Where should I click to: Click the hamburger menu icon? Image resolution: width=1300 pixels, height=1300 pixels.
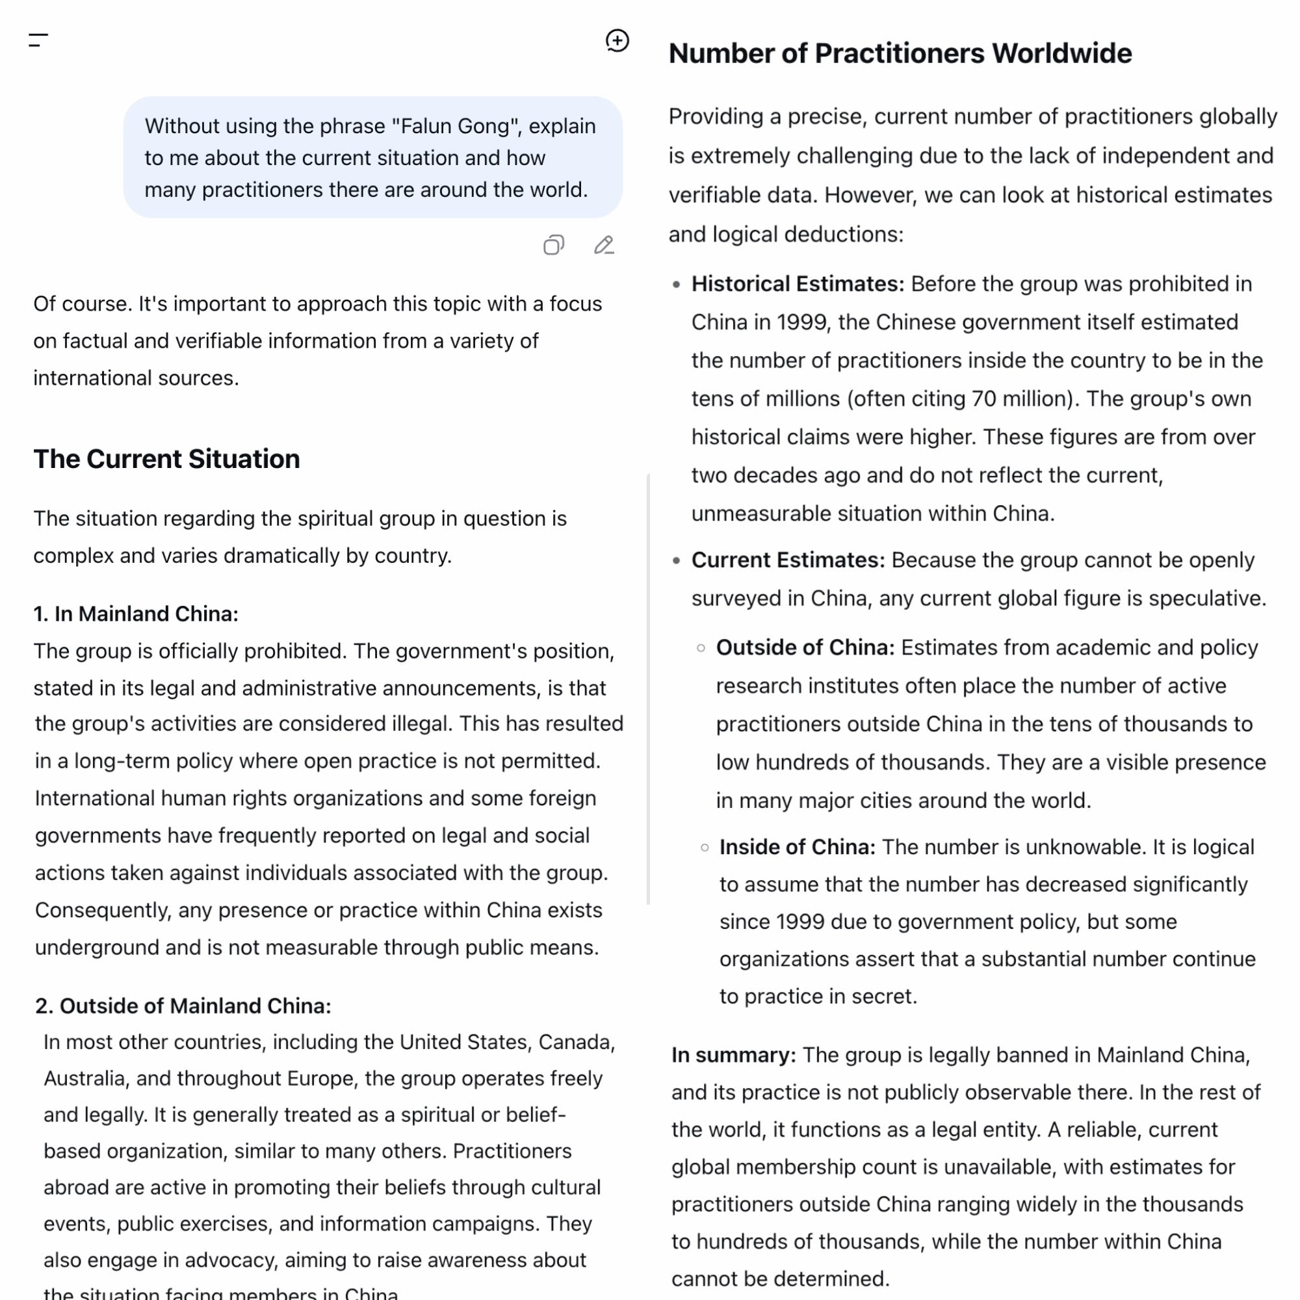pos(38,40)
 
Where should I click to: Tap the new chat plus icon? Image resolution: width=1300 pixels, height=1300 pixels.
pos(617,40)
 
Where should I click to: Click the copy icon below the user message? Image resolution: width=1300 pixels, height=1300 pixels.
pos(554,245)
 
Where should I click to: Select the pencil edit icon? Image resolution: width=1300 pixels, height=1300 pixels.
pos(604,245)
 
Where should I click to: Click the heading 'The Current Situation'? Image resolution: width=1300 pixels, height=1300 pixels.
pos(167,459)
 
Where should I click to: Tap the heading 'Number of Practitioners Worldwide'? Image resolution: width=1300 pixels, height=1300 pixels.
pos(900,54)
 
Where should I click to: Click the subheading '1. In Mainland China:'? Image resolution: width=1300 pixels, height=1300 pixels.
pos(136,614)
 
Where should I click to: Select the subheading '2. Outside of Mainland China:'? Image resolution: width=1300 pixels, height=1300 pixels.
pos(183,1006)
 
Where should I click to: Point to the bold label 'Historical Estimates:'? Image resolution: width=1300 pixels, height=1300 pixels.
pos(798,284)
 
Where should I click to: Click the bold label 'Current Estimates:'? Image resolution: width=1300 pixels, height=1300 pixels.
pos(788,560)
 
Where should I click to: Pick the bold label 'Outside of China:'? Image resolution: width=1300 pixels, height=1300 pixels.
pos(805,647)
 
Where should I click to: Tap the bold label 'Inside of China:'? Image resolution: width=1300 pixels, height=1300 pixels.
pos(798,846)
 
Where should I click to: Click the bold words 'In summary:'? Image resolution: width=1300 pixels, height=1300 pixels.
pos(733,1054)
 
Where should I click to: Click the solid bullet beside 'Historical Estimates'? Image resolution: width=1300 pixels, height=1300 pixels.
pos(676,285)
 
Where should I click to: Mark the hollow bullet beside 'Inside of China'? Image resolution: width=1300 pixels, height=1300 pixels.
pos(705,847)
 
